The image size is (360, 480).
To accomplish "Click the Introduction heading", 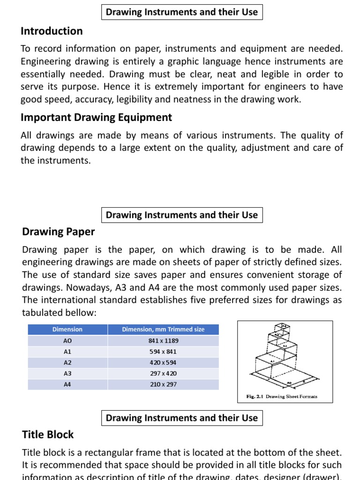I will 52,31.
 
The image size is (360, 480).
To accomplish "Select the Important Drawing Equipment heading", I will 96,118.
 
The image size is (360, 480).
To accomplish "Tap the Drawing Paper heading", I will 59,232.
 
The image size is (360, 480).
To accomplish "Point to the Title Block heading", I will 48,435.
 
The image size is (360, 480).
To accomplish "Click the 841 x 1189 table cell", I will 163,341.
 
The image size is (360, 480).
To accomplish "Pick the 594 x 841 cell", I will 163,352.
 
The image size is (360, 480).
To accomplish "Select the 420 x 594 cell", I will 163,363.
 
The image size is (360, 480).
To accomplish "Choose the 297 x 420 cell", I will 163,374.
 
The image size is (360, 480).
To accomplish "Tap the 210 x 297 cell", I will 163,384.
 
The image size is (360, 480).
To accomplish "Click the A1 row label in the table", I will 67,352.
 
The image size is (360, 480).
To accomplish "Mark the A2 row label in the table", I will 67,363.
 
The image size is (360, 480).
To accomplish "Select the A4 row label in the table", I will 67,384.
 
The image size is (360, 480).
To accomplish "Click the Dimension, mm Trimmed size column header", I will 163,330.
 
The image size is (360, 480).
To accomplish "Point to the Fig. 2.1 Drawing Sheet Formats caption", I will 282,397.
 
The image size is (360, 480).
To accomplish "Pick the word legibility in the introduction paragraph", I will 144,99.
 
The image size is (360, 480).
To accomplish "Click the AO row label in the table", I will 67,341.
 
